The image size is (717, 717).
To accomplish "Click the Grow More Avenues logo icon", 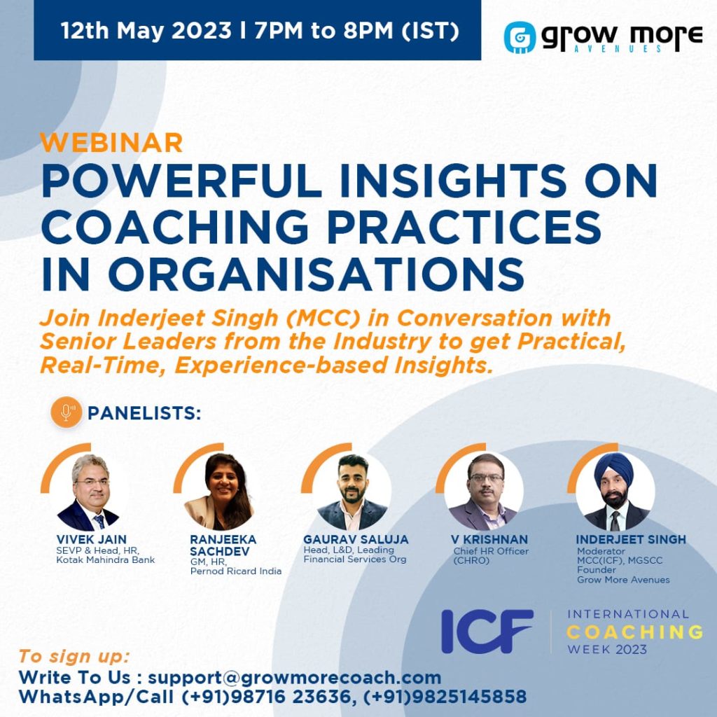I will pyautogui.click(x=520, y=37).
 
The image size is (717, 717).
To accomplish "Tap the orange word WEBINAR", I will pyautogui.click(x=111, y=142).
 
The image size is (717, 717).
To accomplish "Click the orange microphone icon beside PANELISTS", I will pyautogui.click(x=67, y=413).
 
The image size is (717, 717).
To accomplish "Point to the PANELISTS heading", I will pyautogui.click(x=144, y=413).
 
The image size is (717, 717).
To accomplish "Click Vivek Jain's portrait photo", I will pyautogui.click(x=90, y=492).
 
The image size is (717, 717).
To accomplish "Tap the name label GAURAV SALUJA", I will pyautogui.click(x=356, y=540).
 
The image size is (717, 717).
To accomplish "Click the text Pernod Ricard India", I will pyautogui.click(x=236, y=571).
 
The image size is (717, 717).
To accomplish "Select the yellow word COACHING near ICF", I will pyautogui.click(x=634, y=632).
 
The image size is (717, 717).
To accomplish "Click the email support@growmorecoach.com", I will pyautogui.click(x=294, y=678).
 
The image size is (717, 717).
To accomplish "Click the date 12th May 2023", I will pyautogui.click(x=146, y=32).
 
